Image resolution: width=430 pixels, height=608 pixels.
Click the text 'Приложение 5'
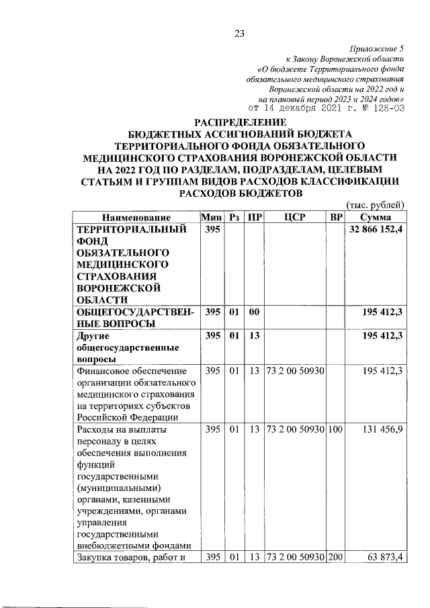coord(378,49)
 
